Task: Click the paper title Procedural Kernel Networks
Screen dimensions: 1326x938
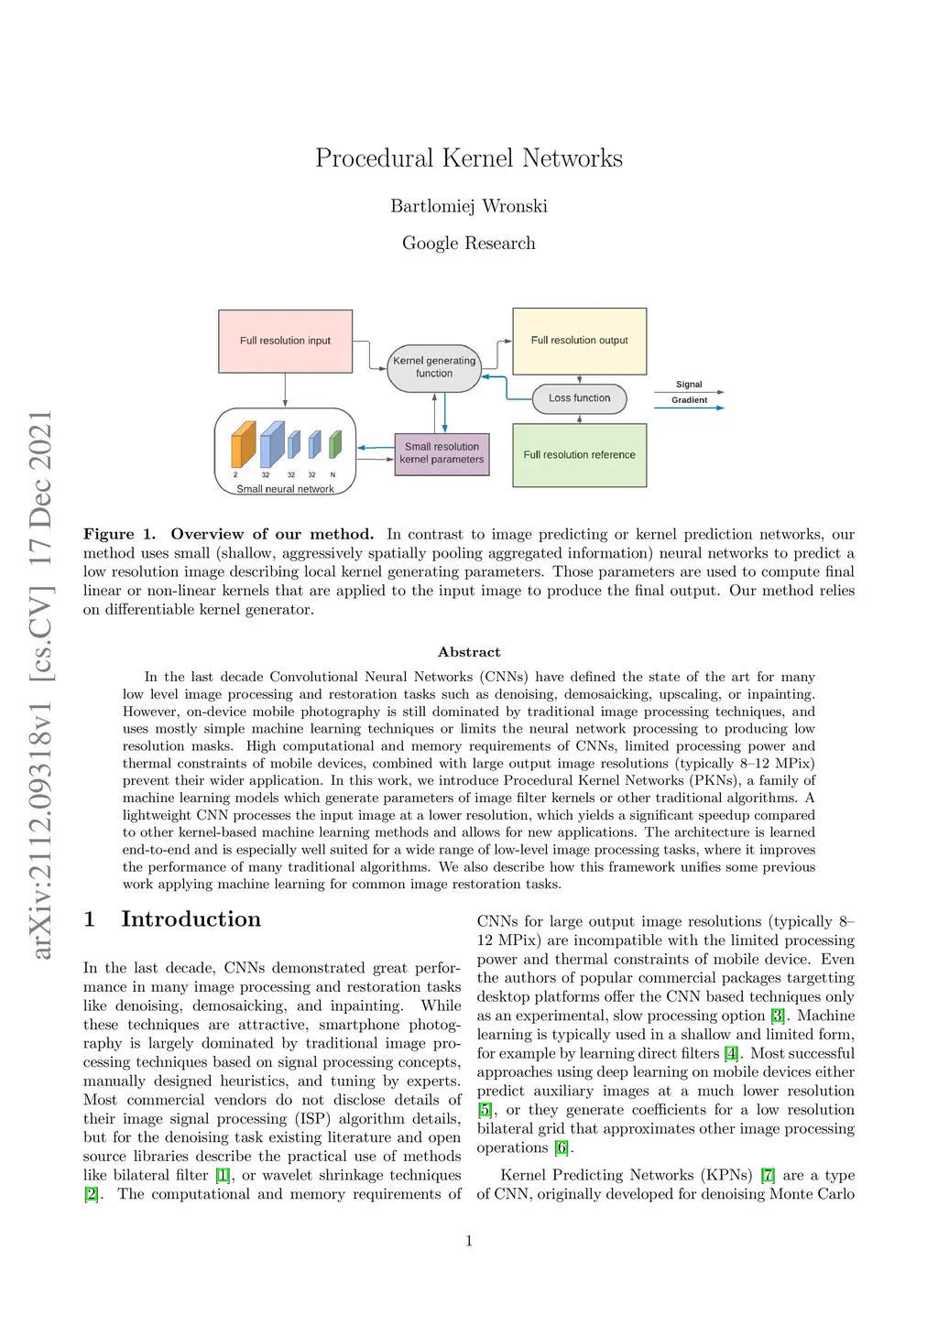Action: pyautogui.click(x=469, y=158)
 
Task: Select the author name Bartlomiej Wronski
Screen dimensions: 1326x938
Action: pyautogui.click(x=469, y=206)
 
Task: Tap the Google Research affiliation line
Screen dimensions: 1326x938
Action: pyautogui.click(x=469, y=243)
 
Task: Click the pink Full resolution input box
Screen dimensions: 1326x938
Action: pyautogui.click(x=285, y=341)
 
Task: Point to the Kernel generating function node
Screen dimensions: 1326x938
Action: pyautogui.click(x=434, y=367)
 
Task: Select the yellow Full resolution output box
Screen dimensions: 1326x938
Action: pyautogui.click(x=579, y=341)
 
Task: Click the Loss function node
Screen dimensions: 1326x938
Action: pyautogui.click(x=579, y=398)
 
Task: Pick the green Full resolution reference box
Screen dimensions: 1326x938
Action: pyautogui.click(x=579, y=454)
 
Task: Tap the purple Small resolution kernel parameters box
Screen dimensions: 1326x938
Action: pyautogui.click(x=442, y=453)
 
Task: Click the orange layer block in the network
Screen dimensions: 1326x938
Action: pyautogui.click(x=243, y=445)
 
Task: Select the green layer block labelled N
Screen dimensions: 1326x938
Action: pyautogui.click(x=334, y=444)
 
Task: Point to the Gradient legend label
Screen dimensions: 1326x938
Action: pyautogui.click(x=689, y=400)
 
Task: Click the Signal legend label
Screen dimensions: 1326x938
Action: pyautogui.click(x=689, y=385)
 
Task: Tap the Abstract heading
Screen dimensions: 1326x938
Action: pyautogui.click(x=469, y=652)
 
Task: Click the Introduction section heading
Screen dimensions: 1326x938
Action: pyautogui.click(x=191, y=919)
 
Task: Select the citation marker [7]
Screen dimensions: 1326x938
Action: pyautogui.click(x=768, y=1175)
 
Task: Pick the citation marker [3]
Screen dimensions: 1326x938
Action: pyautogui.click(x=778, y=1016)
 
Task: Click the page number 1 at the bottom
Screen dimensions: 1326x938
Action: pyautogui.click(x=469, y=1241)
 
